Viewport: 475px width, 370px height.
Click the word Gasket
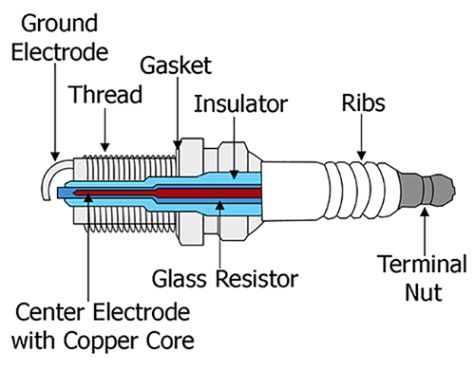pyautogui.click(x=176, y=65)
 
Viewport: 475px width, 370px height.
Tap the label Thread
pyautogui.click(x=106, y=94)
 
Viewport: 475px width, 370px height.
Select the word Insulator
pyautogui.click(x=240, y=103)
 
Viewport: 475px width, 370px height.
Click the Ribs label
pyautogui.click(x=364, y=102)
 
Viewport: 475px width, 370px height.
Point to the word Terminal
pyautogui.click(x=422, y=264)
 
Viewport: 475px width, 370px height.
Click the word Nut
pyautogui.click(x=424, y=292)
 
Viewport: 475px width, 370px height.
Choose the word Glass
pyautogui.click(x=180, y=279)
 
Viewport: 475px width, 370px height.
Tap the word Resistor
pyautogui.click(x=257, y=279)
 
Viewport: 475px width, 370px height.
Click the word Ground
pyautogui.click(x=59, y=24)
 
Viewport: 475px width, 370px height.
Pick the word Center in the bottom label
pyautogui.click(x=49, y=312)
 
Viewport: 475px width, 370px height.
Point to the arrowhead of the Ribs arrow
pyautogui.click(x=362, y=156)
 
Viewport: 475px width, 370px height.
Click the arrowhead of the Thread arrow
pyautogui.click(x=105, y=148)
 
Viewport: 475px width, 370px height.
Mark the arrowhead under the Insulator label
pyautogui.click(x=234, y=175)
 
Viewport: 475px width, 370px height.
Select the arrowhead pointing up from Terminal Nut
pyautogui.click(x=425, y=212)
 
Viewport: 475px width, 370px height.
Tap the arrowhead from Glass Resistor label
pyautogui.click(x=220, y=205)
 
